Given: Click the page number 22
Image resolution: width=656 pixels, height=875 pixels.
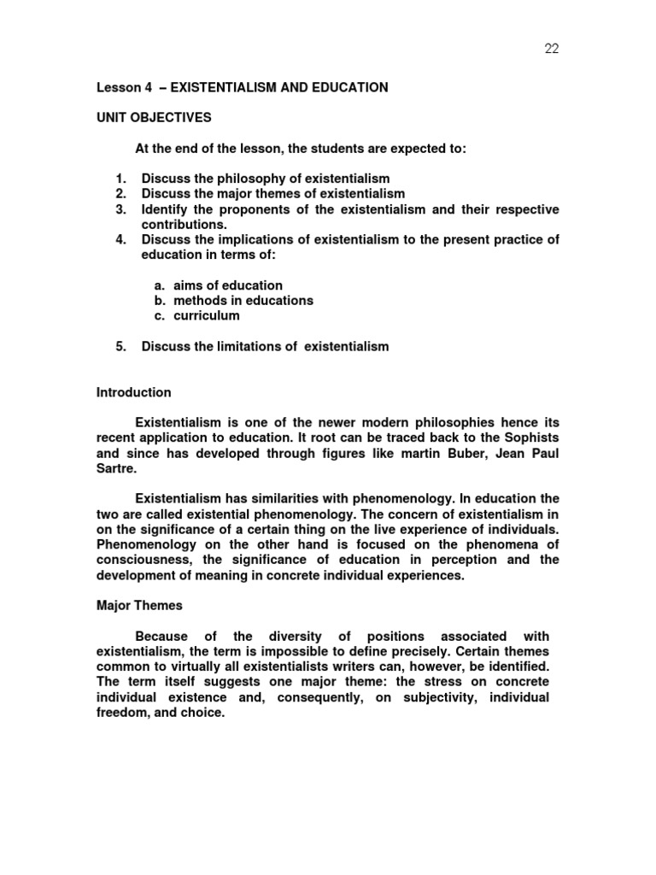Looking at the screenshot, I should coord(551,49).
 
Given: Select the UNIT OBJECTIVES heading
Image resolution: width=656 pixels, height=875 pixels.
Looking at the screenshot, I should coord(153,117).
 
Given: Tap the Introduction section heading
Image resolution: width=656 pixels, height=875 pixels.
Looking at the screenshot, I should coord(133,392).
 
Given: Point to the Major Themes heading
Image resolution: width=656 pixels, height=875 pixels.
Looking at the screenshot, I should coord(139,605).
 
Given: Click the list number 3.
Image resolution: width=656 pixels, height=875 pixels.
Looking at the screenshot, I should coord(120,209).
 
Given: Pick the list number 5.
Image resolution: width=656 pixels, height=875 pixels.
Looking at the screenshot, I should coord(120,346).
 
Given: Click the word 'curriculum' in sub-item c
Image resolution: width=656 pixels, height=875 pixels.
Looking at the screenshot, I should coord(207,315).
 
